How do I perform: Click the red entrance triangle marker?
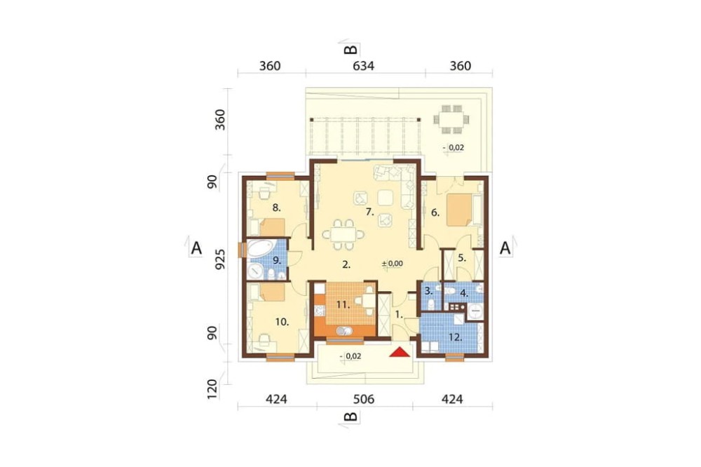[400, 352]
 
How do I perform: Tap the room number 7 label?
[369, 212]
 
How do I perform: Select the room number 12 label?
[455, 337]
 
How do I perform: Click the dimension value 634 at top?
[363, 66]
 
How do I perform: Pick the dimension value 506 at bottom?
[363, 398]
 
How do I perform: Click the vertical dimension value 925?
[220, 259]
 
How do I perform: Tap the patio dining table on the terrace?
[451, 119]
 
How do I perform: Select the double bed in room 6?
[459, 209]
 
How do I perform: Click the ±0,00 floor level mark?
[393, 264]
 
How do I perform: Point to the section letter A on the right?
[505, 248]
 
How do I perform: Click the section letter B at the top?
[350, 50]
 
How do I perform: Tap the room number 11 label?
[343, 305]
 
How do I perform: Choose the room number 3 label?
[428, 291]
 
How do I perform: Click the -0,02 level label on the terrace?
[454, 147]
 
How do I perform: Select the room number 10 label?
[282, 322]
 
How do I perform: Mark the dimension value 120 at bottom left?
[212, 389]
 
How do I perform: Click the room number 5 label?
[462, 258]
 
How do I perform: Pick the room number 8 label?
[276, 208]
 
